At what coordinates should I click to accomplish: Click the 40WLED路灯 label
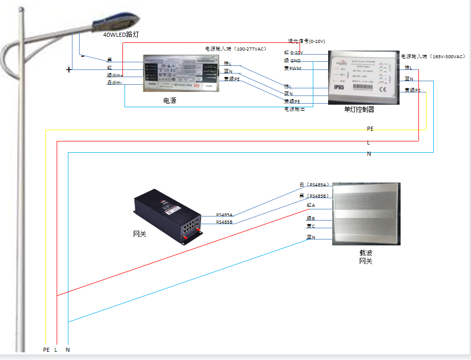[121, 35]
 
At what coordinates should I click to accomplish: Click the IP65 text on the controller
[341, 88]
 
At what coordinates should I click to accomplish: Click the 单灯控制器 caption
[359, 109]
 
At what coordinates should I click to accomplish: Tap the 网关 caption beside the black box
[139, 234]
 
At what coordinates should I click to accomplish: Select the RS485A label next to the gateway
[225, 215]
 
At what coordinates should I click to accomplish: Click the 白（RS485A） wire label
[314, 185]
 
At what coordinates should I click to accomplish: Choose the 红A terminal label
[311, 205]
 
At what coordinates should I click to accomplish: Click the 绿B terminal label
[311, 218]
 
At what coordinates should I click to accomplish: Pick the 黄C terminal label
[311, 226]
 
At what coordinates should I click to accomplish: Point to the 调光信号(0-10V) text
[306, 41]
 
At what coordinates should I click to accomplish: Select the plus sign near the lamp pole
[68, 70]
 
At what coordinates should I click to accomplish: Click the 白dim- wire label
[114, 83]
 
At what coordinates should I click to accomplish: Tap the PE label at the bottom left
[46, 350]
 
